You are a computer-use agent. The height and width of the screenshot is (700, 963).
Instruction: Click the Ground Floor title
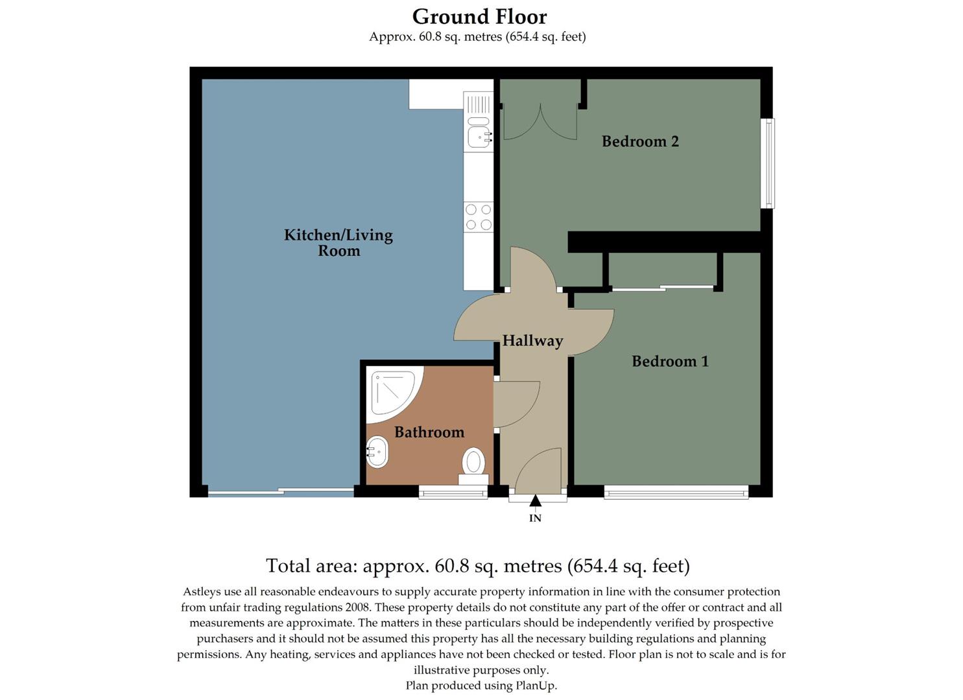point(479,17)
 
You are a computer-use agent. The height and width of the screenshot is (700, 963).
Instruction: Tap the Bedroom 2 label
point(640,141)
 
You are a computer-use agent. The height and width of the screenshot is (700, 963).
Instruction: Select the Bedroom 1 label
point(670,361)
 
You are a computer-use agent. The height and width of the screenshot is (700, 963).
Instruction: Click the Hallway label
point(532,340)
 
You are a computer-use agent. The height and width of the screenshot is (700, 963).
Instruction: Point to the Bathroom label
point(429,432)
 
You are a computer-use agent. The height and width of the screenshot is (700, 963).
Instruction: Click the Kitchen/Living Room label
point(339,242)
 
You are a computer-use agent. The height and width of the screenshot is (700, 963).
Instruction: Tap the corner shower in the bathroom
point(391,392)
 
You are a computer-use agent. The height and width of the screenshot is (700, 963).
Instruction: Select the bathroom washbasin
point(377,452)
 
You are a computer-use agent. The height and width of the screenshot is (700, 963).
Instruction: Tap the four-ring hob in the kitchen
point(479,217)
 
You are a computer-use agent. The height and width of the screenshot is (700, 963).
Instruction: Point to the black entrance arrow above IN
point(535,500)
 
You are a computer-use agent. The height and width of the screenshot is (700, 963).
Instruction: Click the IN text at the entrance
point(535,518)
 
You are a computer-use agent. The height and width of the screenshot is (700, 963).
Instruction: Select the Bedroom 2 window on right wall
point(768,163)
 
